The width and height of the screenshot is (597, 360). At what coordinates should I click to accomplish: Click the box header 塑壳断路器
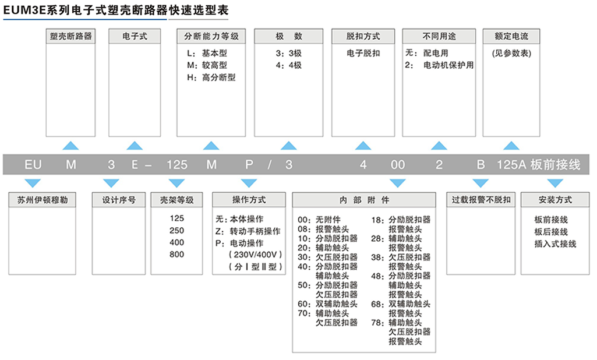71,36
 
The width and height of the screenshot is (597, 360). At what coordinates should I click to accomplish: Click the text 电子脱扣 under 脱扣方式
363,53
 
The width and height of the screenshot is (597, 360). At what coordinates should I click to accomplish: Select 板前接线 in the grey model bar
556,165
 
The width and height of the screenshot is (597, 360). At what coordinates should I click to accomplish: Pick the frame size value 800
176,255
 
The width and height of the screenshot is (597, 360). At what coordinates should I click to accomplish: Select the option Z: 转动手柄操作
248,231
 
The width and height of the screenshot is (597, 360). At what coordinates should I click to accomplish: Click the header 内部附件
365,200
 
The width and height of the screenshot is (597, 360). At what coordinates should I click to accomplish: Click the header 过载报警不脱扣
481,200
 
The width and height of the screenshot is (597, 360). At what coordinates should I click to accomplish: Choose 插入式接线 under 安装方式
555,244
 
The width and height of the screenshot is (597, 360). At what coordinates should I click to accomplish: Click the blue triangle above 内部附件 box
398,183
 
